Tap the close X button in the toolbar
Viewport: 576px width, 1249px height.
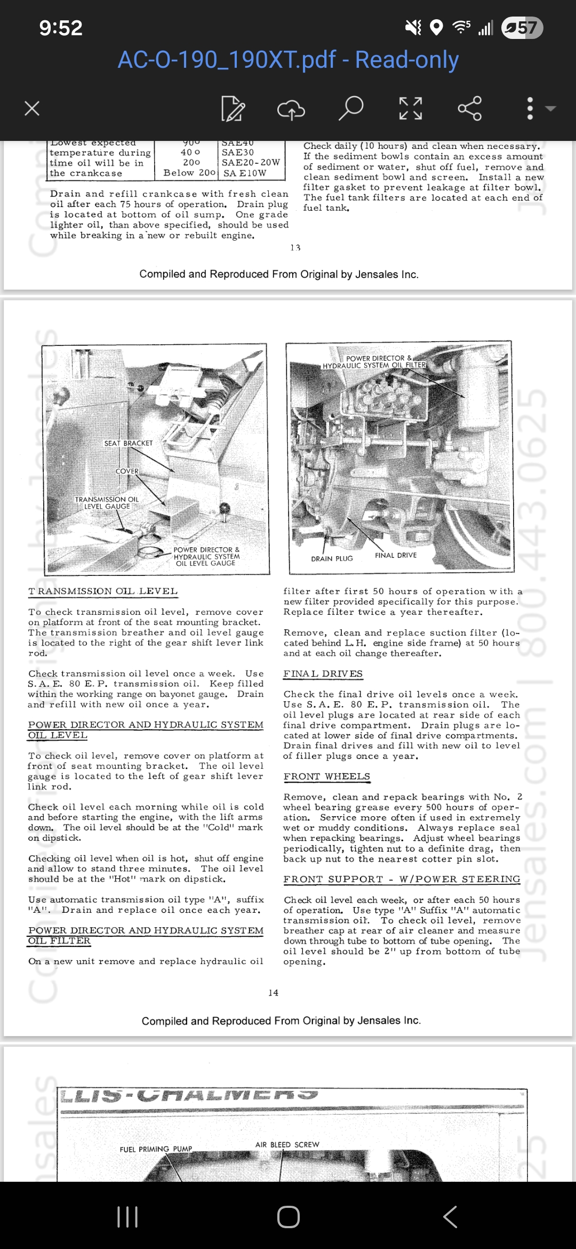pos(32,108)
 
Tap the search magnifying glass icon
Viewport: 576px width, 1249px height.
pos(351,108)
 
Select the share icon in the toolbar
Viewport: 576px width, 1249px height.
pos(469,108)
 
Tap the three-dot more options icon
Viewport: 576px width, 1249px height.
pos(530,108)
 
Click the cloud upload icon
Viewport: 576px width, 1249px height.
pos(291,109)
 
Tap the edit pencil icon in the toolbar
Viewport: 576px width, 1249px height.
pos(233,108)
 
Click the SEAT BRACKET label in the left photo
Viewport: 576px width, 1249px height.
pos(128,443)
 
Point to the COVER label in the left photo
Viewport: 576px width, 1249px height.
pos(127,471)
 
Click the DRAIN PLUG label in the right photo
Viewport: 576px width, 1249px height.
pos(332,558)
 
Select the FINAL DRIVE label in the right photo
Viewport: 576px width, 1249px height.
pos(395,555)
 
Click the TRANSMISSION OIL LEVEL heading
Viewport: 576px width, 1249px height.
pos(103,591)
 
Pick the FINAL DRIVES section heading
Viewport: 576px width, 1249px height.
pos(323,674)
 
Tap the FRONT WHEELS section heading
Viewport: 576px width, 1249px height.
pos(326,776)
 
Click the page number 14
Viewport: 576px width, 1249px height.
pos(273,992)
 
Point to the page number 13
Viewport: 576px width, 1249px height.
pos(295,248)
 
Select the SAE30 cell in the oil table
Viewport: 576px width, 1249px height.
pos(238,152)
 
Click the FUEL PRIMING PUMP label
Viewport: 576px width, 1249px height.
pos(156,1149)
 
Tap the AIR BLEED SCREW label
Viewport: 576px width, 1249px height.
pos(287,1144)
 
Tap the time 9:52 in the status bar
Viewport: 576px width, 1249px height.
pos(61,28)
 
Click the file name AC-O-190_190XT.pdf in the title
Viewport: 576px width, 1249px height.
pos(227,60)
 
